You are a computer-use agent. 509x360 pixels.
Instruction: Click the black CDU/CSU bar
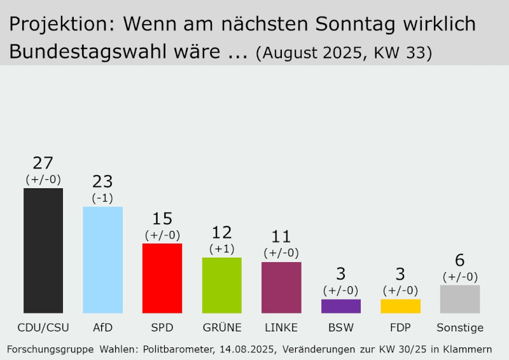(x=43, y=251)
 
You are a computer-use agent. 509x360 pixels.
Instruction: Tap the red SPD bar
(x=162, y=278)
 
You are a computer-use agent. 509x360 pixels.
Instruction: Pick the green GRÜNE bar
(x=221, y=285)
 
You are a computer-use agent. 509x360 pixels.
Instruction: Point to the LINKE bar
(x=281, y=287)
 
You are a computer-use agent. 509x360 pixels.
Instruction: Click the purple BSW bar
(x=341, y=306)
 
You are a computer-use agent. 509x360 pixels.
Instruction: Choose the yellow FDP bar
(x=400, y=306)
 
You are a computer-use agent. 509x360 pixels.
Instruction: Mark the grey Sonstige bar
(x=460, y=299)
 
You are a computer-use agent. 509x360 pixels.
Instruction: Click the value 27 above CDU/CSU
(x=43, y=163)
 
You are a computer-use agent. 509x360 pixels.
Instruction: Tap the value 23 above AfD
(x=102, y=182)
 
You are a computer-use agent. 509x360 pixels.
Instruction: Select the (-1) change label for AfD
(x=102, y=198)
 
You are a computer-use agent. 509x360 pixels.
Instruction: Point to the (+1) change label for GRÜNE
(x=221, y=249)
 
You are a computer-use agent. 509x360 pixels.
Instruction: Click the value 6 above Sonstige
(x=460, y=261)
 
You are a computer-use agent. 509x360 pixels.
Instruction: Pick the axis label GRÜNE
(x=221, y=328)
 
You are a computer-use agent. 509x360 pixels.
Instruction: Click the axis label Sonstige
(x=460, y=328)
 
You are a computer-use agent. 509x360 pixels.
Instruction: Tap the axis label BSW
(x=341, y=328)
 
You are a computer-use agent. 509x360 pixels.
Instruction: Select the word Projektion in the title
(x=59, y=25)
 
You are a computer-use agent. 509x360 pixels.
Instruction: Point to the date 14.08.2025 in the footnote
(x=247, y=349)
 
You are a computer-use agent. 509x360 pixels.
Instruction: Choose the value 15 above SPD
(x=162, y=219)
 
